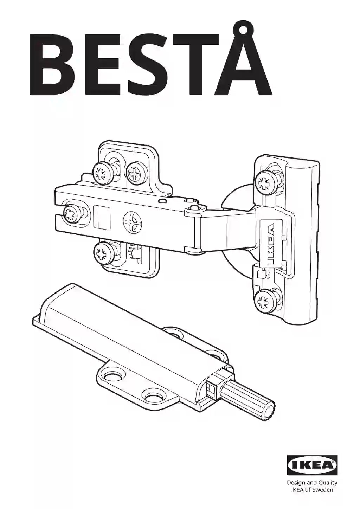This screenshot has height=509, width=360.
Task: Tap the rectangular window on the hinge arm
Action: pyautogui.click(x=102, y=217)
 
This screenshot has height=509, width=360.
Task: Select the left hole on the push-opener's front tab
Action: pyautogui.click(x=113, y=376)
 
